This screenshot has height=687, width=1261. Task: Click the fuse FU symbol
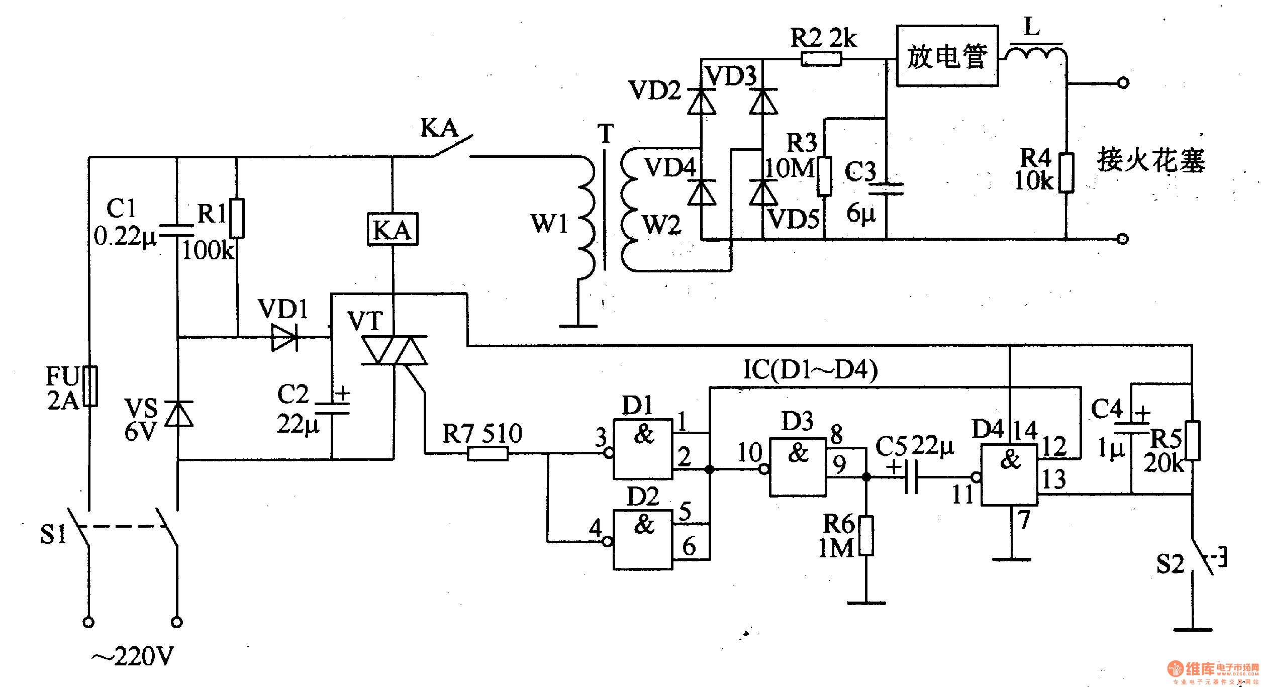click(x=90, y=386)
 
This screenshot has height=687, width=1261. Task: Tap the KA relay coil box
click(x=393, y=230)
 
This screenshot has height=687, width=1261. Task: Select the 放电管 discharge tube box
click(x=947, y=56)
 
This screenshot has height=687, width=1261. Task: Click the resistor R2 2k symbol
click(x=821, y=60)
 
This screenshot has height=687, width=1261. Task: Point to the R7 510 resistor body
click(x=488, y=454)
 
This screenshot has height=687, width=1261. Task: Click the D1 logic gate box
click(x=643, y=449)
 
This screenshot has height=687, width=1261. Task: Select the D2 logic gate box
click(x=643, y=540)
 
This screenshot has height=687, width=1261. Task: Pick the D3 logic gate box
click(x=798, y=467)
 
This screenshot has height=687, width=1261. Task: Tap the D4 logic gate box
click(x=1009, y=474)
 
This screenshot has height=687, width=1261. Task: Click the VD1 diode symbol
click(x=284, y=337)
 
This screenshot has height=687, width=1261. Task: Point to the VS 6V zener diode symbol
click(x=178, y=414)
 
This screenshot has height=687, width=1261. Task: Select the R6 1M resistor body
click(x=866, y=536)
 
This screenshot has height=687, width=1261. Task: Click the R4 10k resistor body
click(x=1066, y=173)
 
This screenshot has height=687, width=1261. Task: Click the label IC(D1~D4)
click(x=810, y=370)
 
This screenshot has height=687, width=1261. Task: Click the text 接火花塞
click(x=1151, y=160)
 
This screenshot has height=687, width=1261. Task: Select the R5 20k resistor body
click(x=1192, y=441)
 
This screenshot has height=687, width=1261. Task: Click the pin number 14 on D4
click(x=1025, y=430)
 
